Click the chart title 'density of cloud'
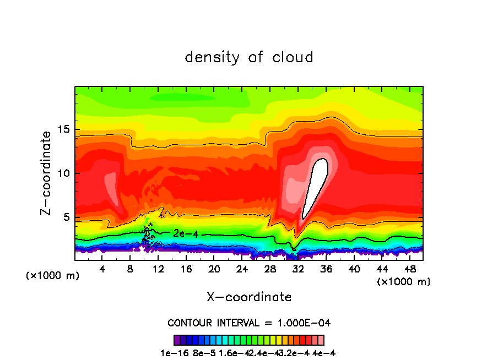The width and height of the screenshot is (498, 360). (x=249, y=57)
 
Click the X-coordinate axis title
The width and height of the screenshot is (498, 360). (x=249, y=297)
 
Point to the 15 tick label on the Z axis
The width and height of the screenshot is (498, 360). (x=63, y=129)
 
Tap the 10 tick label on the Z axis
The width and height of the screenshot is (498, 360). (x=63, y=173)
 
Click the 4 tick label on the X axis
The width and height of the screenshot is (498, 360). (x=102, y=269)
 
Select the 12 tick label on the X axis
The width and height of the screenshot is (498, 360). (x=158, y=269)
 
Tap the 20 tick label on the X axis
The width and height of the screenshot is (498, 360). (x=214, y=269)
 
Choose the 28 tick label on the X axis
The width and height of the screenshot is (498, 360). (x=270, y=269)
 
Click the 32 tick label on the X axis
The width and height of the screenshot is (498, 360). (x=298, y=269)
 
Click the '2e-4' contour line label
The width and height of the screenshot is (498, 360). (x=186, y=233)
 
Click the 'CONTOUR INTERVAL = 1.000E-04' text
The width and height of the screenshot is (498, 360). (x=249, y=323)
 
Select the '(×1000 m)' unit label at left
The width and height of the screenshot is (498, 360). (x=53, y=276)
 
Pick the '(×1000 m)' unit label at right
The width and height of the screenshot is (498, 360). (x=404, y=282)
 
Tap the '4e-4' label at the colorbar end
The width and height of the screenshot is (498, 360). (x=324, y=353)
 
